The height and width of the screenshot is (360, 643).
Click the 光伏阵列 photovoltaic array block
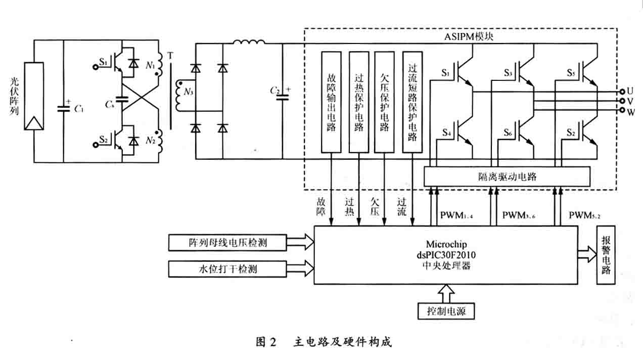click(x=33, y=96)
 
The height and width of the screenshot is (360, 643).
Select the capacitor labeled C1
click(x=64, y=107)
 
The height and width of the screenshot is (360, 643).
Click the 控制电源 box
click(x=446, y=311)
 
